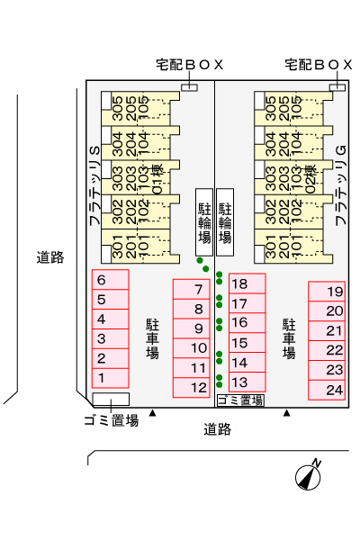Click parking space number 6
pyautogui.click(x=110, y=280)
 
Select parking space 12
pyautogui.click(x=191, y=388)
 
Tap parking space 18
pyautogui.click(x=247, y=283)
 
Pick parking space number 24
pyautogui.click(x=327, y=390)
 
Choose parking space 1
pyautogui.click(x=110, y=378)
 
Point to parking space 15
pyautogui.click(x=247, y=343)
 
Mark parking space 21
pyautogui.click(x=327, y=331)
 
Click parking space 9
pyautogui.click(x=191, y=328)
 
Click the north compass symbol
pyautogui.click(x=309, y=475)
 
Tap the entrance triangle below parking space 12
pyautogui.click(x=152, y=412)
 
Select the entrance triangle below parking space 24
pyautogui.click(x=286, y=412)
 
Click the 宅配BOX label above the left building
pyautogui.click(x=190, y=65)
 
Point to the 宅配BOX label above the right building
pyautogui.click(x=319, y=65)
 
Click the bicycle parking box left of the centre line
pyautogui.click(x=204, y=222)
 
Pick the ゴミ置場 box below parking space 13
pyautogui.click(x=240, y=400)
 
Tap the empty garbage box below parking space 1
pyautogui.click(x=111, y=399)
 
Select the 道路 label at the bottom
pyautogui.click(x=218, y=429)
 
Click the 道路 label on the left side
pyautogui.click(x=50, y=257)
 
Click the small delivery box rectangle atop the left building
pyautogui.click(x=190, y=87)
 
